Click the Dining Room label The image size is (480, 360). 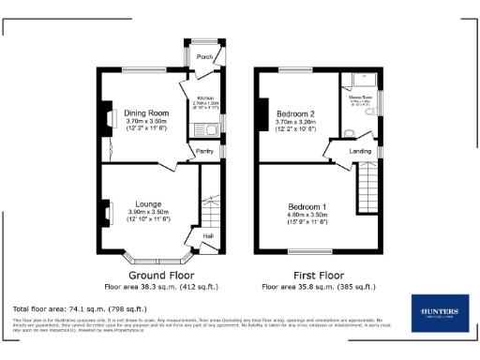coord(146,113)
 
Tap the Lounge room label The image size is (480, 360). coord(147,203)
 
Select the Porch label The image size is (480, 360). coord(203,58)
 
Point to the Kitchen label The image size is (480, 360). coord(205,97)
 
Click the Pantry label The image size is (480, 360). coord(205,150)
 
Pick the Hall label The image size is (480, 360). coord(207,235)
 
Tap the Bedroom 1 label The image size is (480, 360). coord(307,206)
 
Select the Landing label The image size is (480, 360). coord(361,150)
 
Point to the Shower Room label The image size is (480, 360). coord(361,97)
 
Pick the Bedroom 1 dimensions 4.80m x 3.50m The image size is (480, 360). coord(307,215)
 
